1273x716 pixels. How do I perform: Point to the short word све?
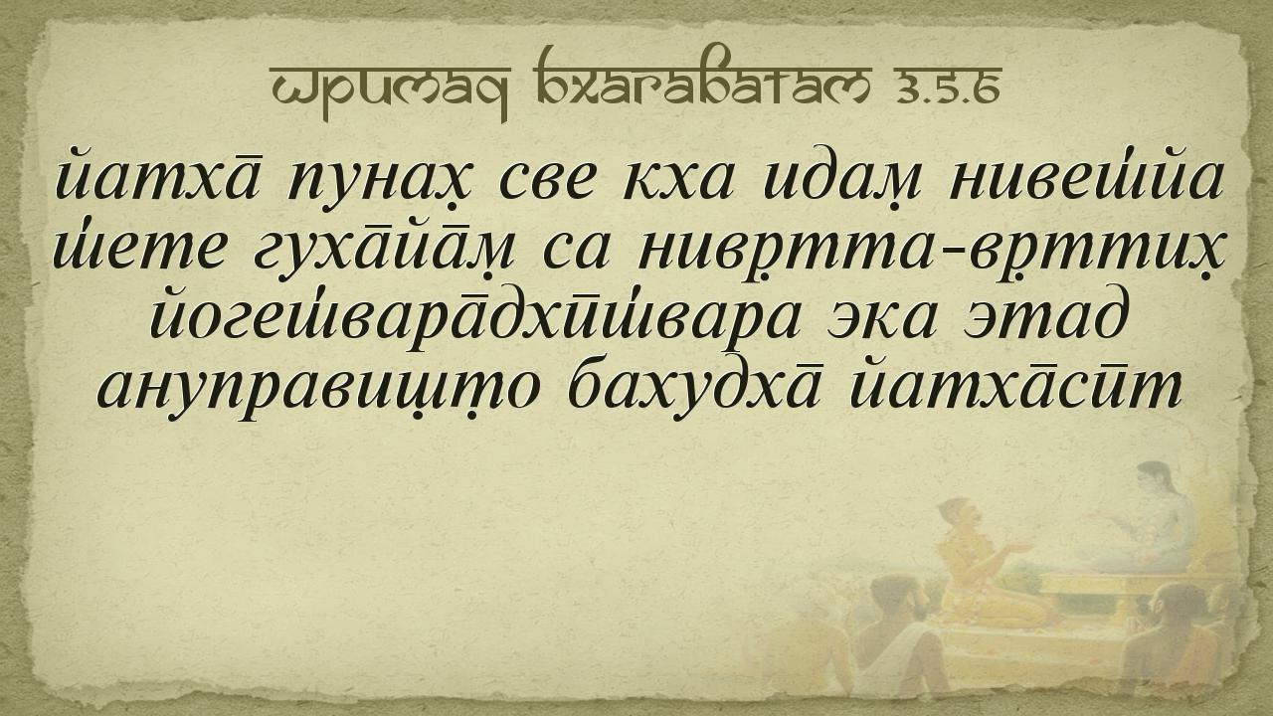click(539, 181)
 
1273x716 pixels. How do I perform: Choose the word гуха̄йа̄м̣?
click(382, 249)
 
